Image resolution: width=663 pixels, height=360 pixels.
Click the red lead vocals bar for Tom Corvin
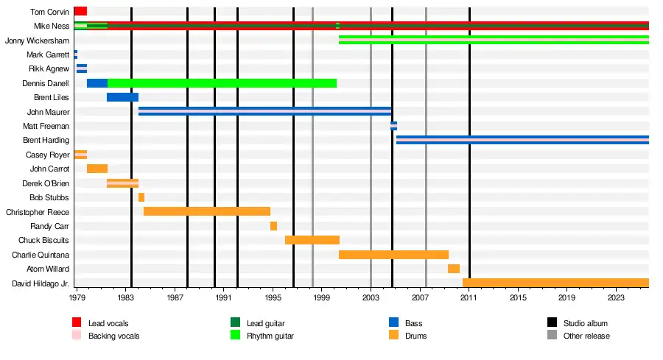click(x=80, y=11)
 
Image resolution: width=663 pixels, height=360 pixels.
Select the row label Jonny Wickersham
click(x=37, y=40)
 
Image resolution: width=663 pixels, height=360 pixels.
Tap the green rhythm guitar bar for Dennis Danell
click(x=221, y=83)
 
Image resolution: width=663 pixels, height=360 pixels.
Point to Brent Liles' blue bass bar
click(x=122, y=97)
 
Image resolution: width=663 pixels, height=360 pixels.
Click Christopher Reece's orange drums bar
click(x=206, y=211)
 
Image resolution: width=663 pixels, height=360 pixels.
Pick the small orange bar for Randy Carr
click(x=273, y=226)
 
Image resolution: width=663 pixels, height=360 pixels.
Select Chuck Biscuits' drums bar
click(x=312, y=240)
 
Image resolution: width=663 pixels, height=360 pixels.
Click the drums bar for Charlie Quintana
click(x=393, y=255)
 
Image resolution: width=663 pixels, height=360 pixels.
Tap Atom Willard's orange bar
click(x=454, y=269)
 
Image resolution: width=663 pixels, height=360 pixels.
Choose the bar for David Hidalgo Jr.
click(x=555, y=283)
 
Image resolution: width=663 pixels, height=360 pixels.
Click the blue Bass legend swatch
click(x=394, y=323)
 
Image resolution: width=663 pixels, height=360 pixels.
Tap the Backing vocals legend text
click(x=113, y=336)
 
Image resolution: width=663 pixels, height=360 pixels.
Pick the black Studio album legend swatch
click(x=552, y=323)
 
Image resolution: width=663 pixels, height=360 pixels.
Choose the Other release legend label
click(x=586, y=336)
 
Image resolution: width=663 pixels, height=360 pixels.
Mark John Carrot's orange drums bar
click(x=97, y=169)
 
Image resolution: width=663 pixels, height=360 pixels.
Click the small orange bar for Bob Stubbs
click(x=141, y=197)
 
